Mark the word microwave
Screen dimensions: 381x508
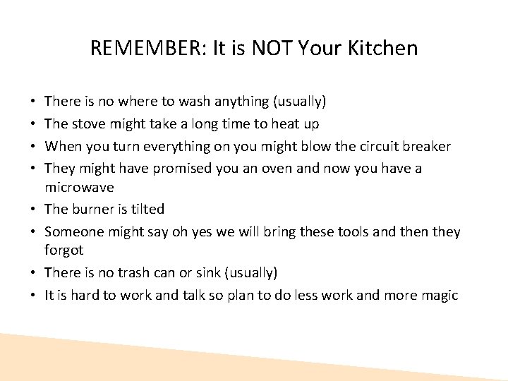pos(79,187)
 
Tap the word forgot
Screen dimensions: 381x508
pos(64,250)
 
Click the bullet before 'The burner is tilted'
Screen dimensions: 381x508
pos(35,209)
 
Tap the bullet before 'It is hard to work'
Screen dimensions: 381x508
pos(35,296)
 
